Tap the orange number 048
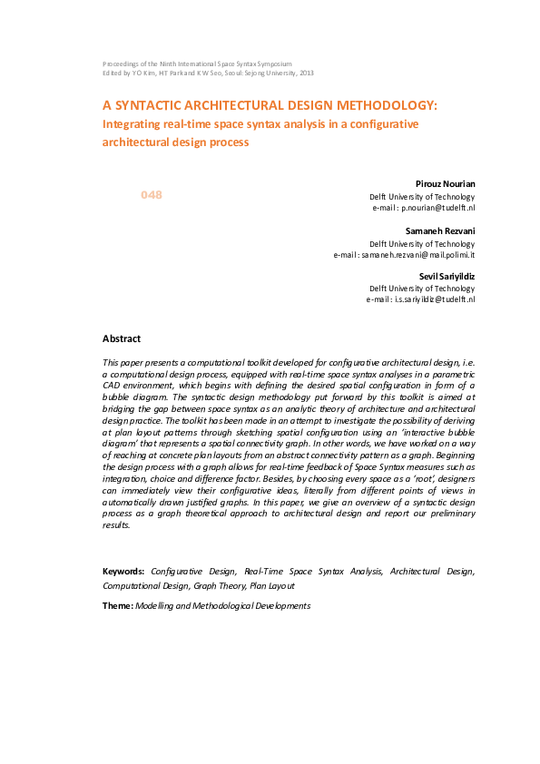tap(151, 195)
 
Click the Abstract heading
tap(122, 338)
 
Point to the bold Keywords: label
tap(124, 572)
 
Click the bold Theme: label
tap(118, 605)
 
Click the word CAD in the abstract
tap(113, 385)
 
